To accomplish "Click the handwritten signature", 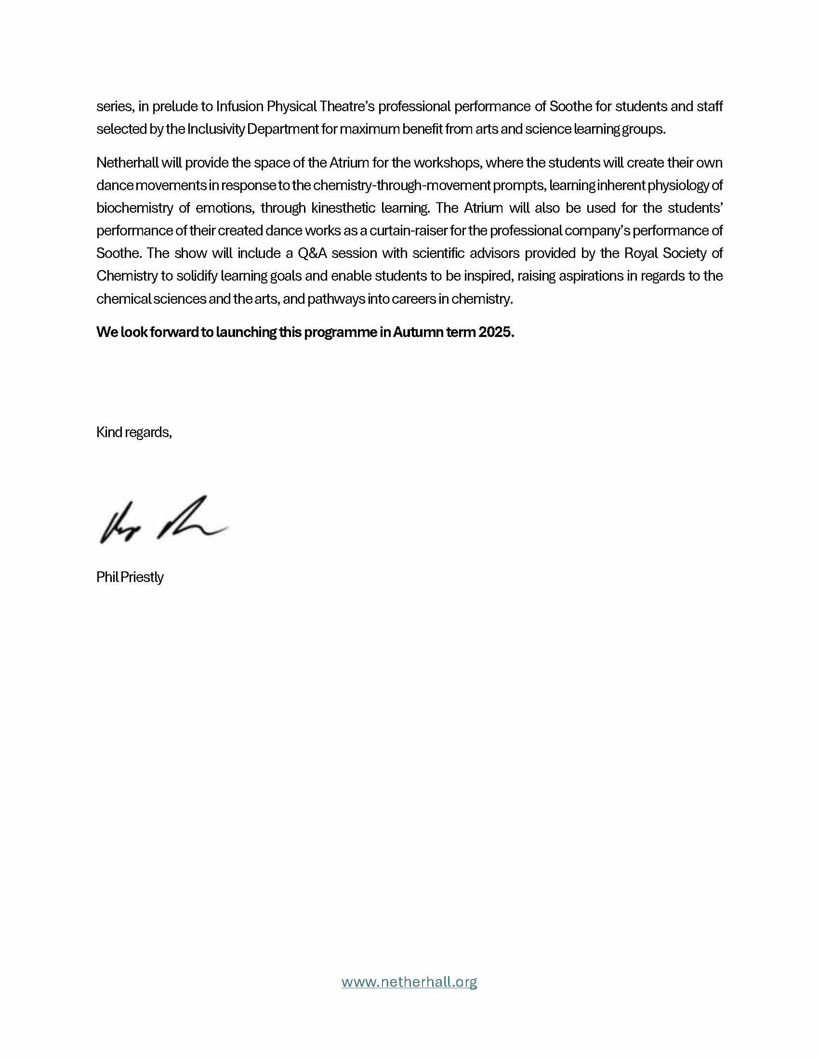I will coord(163,521).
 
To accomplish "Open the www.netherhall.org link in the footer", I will coord(409,982).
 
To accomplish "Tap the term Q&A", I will coord(312,253).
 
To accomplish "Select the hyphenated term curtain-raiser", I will coord(408,231).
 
